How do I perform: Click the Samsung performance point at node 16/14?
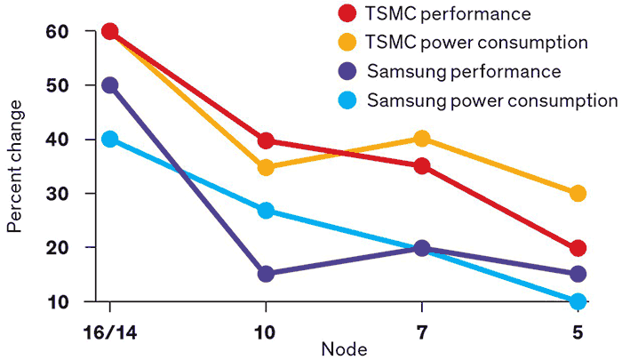pos(109,85)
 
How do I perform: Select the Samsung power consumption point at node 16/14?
pos(109,139)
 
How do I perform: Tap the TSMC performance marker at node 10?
pos(266,140)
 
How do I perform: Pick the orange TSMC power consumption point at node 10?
pos(266,167)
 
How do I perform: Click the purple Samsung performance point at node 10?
pos(266,274)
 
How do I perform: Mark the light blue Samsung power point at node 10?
pos(266,211)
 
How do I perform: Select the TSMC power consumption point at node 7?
pos(421,139)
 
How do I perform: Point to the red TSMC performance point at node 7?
pos(421,166)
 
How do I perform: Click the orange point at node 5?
pos(578,193)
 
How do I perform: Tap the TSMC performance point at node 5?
pos(578,248)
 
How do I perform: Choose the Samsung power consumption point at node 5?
pos(578,301)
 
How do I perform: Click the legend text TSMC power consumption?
pos(477,42)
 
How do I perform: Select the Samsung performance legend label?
pos(463,71)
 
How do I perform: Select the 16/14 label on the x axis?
pos(109,332)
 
